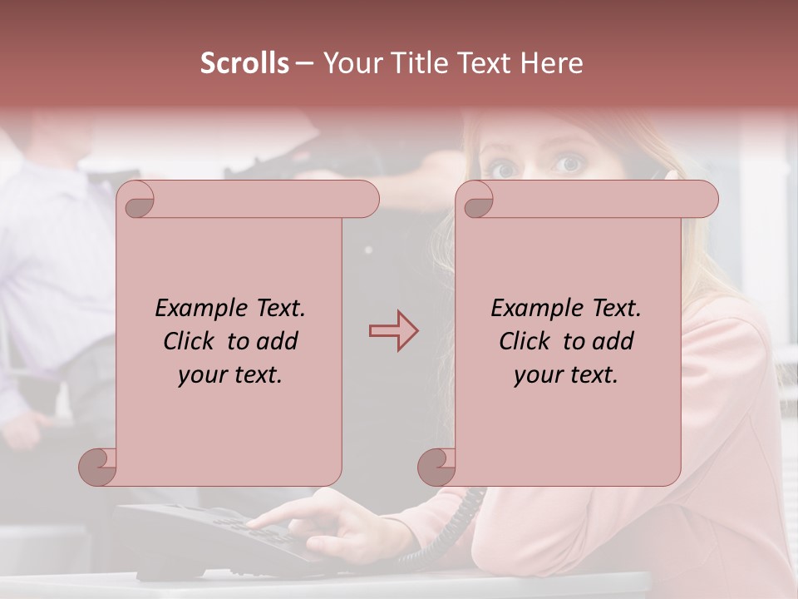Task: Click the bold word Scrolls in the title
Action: click(x=244, y=63)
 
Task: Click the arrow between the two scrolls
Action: click(x=393, y=331)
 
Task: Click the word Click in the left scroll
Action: click(x=190, y=341)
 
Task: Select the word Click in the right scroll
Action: click(x=525, y=341)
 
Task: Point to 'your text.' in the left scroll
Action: click(x=230, y=374)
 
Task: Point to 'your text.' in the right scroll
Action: click(x=566, y=374)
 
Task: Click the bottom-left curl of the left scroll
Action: click(x=98, y=468)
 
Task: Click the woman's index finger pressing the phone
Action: click(x=259, y=522)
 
